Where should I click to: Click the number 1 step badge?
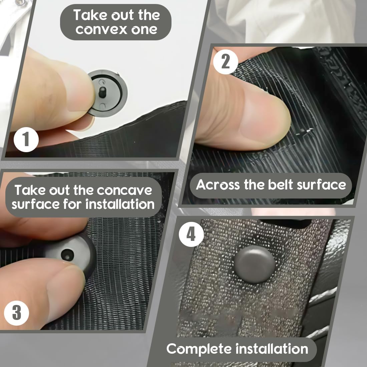point(26,139)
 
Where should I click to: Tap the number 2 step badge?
point(226,62)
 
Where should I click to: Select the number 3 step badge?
point(17,313)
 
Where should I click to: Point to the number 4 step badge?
point(191,234)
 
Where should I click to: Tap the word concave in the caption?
point(124,190)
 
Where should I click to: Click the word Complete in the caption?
point(199,349)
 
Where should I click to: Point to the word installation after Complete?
point(272,349)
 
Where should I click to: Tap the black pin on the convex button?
point(102,92)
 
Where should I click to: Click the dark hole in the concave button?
point(67,255)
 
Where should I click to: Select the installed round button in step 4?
point(255,264)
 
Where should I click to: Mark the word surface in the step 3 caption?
point(36,204)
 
